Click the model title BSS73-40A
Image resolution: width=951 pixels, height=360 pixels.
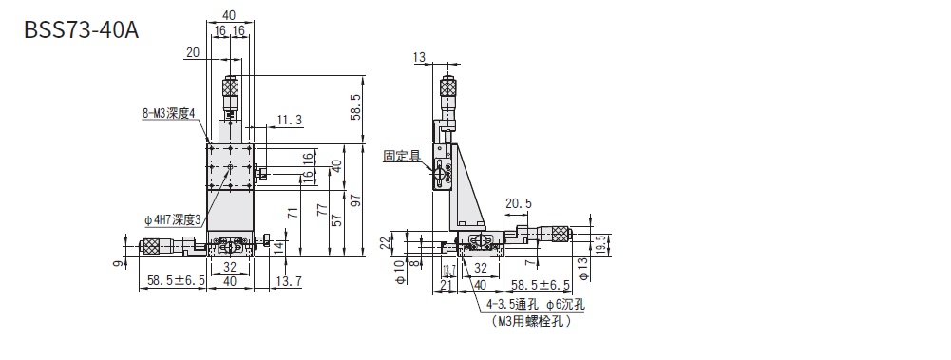pos(82,29)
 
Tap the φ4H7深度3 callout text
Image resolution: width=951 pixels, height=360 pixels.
pos(175,220)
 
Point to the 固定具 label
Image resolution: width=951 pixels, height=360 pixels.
pos(402,156)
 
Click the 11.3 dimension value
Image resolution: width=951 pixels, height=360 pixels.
pos(290,121)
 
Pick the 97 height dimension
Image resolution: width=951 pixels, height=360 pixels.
pos(357,200)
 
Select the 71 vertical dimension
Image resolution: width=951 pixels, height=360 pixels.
pos(294,213)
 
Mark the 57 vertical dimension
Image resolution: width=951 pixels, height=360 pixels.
pos(339,219)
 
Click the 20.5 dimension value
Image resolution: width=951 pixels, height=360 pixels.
pos(518,203)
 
